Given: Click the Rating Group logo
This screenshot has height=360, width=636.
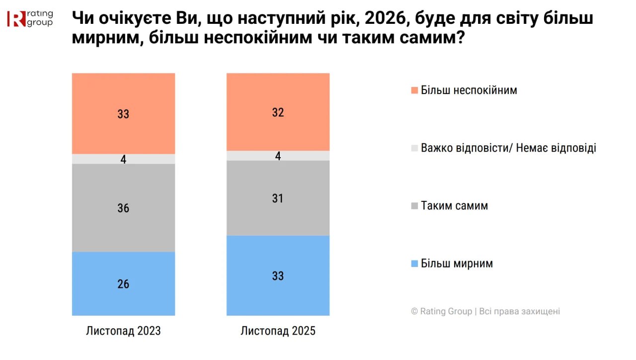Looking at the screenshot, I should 30,18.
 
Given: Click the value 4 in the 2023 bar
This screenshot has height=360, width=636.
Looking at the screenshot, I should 123,160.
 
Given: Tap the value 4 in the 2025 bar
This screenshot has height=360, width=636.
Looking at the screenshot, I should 278,156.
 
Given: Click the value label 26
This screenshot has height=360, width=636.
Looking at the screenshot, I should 123,284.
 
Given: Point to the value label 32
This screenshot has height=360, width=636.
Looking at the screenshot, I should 278,113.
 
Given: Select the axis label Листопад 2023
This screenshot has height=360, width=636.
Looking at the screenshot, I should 123,331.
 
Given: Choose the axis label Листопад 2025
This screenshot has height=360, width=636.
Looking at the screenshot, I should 278,331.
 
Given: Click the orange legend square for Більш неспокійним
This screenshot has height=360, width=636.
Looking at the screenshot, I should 414,90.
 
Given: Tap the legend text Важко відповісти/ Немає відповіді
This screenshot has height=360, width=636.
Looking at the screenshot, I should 508,148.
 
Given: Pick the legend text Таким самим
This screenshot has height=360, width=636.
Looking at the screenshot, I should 454,206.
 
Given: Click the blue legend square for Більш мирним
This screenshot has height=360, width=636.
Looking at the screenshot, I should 414,264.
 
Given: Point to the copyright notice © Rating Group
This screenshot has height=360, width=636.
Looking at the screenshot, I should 485,311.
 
